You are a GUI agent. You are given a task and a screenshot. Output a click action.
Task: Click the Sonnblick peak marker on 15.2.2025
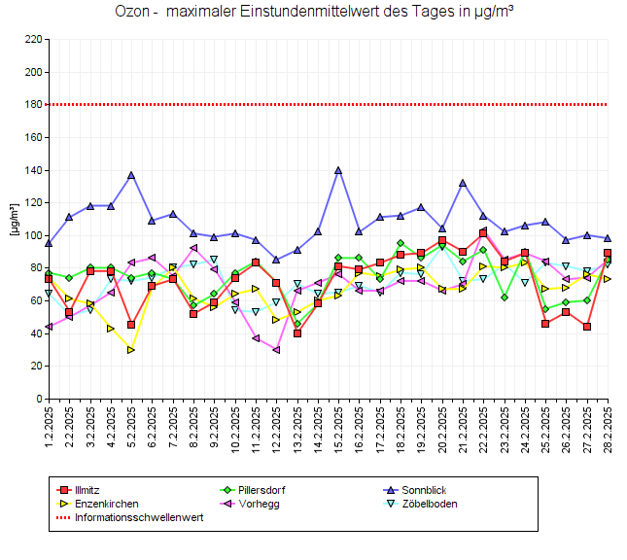click(338, 170)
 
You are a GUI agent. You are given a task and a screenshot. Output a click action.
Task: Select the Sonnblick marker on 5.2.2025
click(131, 175)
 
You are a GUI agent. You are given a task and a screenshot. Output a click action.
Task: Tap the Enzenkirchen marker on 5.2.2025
click(131, 349)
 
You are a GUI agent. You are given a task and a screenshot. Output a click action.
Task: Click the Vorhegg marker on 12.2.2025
click(276, 349)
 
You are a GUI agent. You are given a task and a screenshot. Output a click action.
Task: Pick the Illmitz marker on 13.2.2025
click(296, 333)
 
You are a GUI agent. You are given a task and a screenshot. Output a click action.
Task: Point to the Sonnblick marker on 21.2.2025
click(463, 183)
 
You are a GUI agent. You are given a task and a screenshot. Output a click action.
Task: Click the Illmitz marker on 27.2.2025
click(587, 327)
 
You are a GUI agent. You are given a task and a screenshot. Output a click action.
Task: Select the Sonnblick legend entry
click(419, 490)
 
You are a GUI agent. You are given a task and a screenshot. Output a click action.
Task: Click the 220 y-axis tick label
click(32, 40)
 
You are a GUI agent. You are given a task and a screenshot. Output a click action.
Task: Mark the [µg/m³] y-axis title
click(13, 219)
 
